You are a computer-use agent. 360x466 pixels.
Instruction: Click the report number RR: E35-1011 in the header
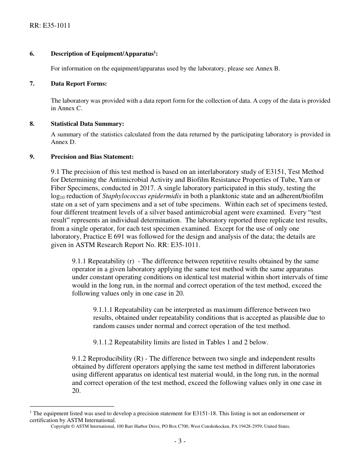[50, 26]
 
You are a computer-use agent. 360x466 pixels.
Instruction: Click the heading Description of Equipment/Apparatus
[103, 54]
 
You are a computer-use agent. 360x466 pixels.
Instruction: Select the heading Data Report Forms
[79, 84]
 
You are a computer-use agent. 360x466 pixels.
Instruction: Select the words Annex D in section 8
[63, 142]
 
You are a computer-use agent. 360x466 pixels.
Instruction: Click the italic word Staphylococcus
[125, 196]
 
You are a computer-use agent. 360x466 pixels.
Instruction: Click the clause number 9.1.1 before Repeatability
[79, 261]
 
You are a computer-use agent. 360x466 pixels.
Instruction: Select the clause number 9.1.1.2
[103, 342]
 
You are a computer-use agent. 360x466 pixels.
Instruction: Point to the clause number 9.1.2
[79, 358]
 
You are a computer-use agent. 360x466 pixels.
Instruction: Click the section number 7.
[32, 84]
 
